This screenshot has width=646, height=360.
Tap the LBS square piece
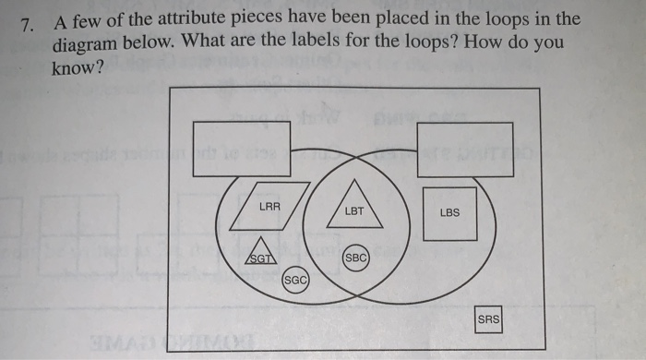(x=449, y=212)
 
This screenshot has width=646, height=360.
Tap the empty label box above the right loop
(x=465, y=148)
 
